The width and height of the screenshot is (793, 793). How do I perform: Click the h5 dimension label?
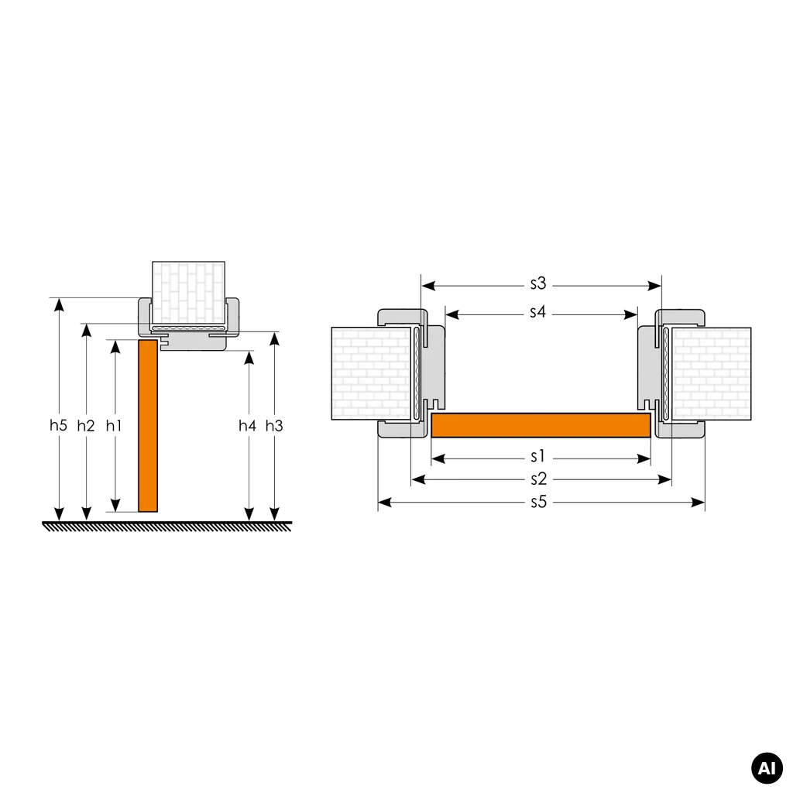click(58, 425)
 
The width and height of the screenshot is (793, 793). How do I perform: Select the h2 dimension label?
click(86, 426)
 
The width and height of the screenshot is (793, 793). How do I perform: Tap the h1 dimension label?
click(114, 426)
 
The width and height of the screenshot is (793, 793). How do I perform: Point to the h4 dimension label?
click(247, 426)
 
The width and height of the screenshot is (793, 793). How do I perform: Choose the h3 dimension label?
click(274, 426)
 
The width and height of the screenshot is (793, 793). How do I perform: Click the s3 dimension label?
click(538, 283)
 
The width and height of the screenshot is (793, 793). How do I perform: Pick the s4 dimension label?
click(537, 312)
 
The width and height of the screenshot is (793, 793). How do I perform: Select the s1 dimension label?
click(537, 457)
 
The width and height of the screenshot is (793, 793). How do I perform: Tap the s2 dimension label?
click(539, 479)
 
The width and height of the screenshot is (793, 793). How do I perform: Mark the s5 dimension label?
click(539, 502)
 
